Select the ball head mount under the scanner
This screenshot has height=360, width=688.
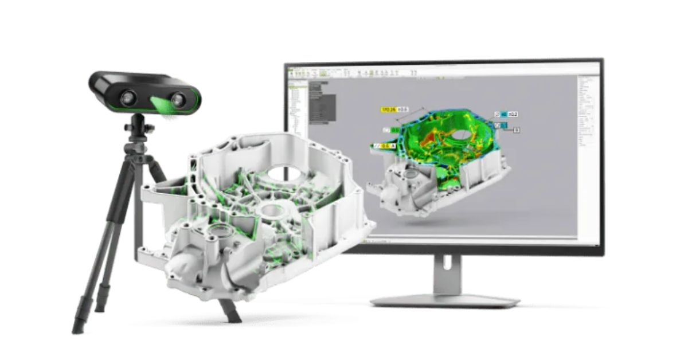pos(138,127)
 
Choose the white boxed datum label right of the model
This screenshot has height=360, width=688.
pos(516,130)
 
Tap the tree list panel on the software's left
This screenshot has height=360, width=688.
pos(298,109)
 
